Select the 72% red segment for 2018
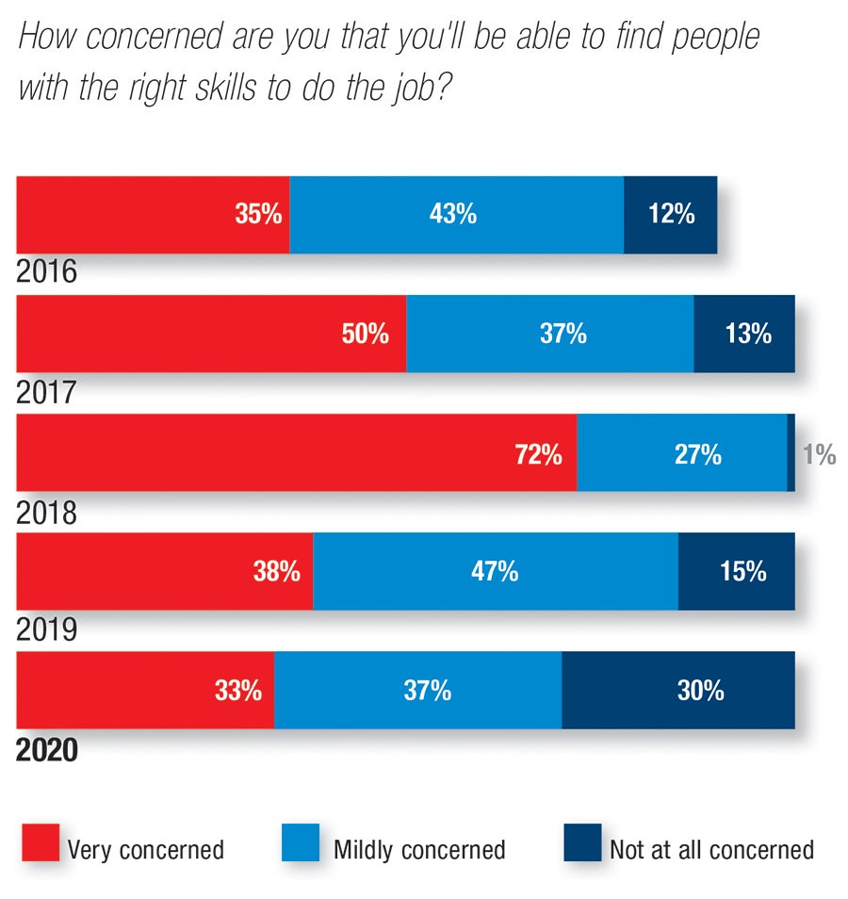point(296,452)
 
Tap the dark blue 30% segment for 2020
point(677,690)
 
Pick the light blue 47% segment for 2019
point(495,571)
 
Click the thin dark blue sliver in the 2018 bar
point(791,452)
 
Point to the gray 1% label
point(819,455)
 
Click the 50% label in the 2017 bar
point(366,334)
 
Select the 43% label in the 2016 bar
point(452,214)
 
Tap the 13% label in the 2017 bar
point(748,334)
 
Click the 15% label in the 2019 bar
point(742,571)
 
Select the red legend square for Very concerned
point(39,842)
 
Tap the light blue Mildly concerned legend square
point(301,842)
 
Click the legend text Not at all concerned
point(711,850)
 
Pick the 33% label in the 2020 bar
point(237,691)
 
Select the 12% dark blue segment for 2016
point(670,215)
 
